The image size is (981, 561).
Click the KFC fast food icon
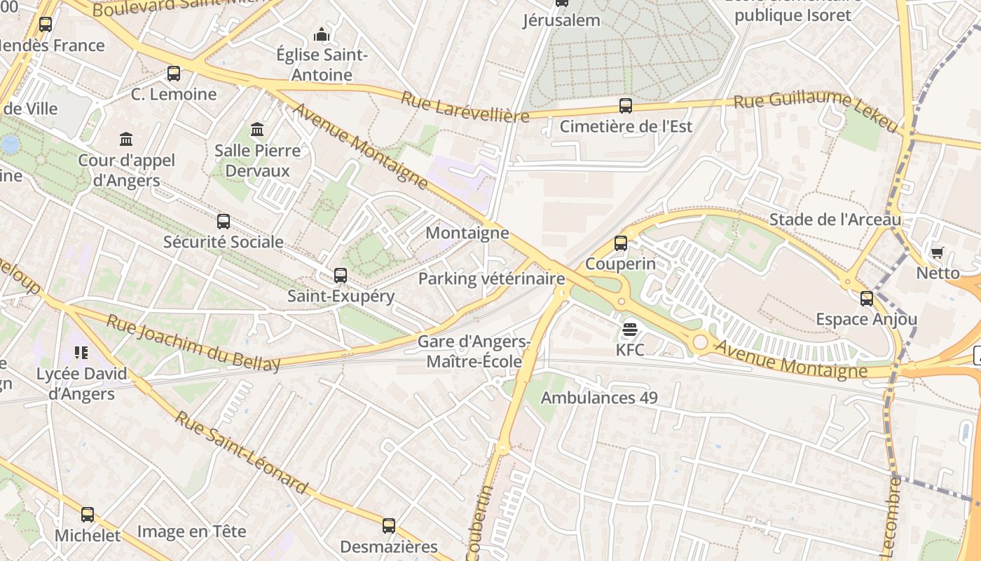629,329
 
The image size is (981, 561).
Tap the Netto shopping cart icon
937,252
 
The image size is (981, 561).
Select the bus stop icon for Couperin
621,243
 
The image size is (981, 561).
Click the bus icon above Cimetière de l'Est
626,106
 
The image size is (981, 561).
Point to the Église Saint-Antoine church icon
322,34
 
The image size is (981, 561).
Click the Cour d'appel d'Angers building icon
126,140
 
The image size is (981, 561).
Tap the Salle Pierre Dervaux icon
257,130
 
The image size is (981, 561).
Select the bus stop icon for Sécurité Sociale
224,222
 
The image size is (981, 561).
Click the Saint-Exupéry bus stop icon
341,276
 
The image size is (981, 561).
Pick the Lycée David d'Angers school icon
81,353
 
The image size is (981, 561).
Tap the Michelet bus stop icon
88,515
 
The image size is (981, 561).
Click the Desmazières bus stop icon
389,526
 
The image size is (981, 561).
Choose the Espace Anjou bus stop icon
867,299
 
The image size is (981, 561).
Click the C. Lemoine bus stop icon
174,74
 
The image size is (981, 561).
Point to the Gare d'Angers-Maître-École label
474,351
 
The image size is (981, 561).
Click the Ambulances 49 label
599,398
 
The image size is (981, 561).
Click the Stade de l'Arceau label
835,219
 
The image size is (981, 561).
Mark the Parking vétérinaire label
491,278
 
